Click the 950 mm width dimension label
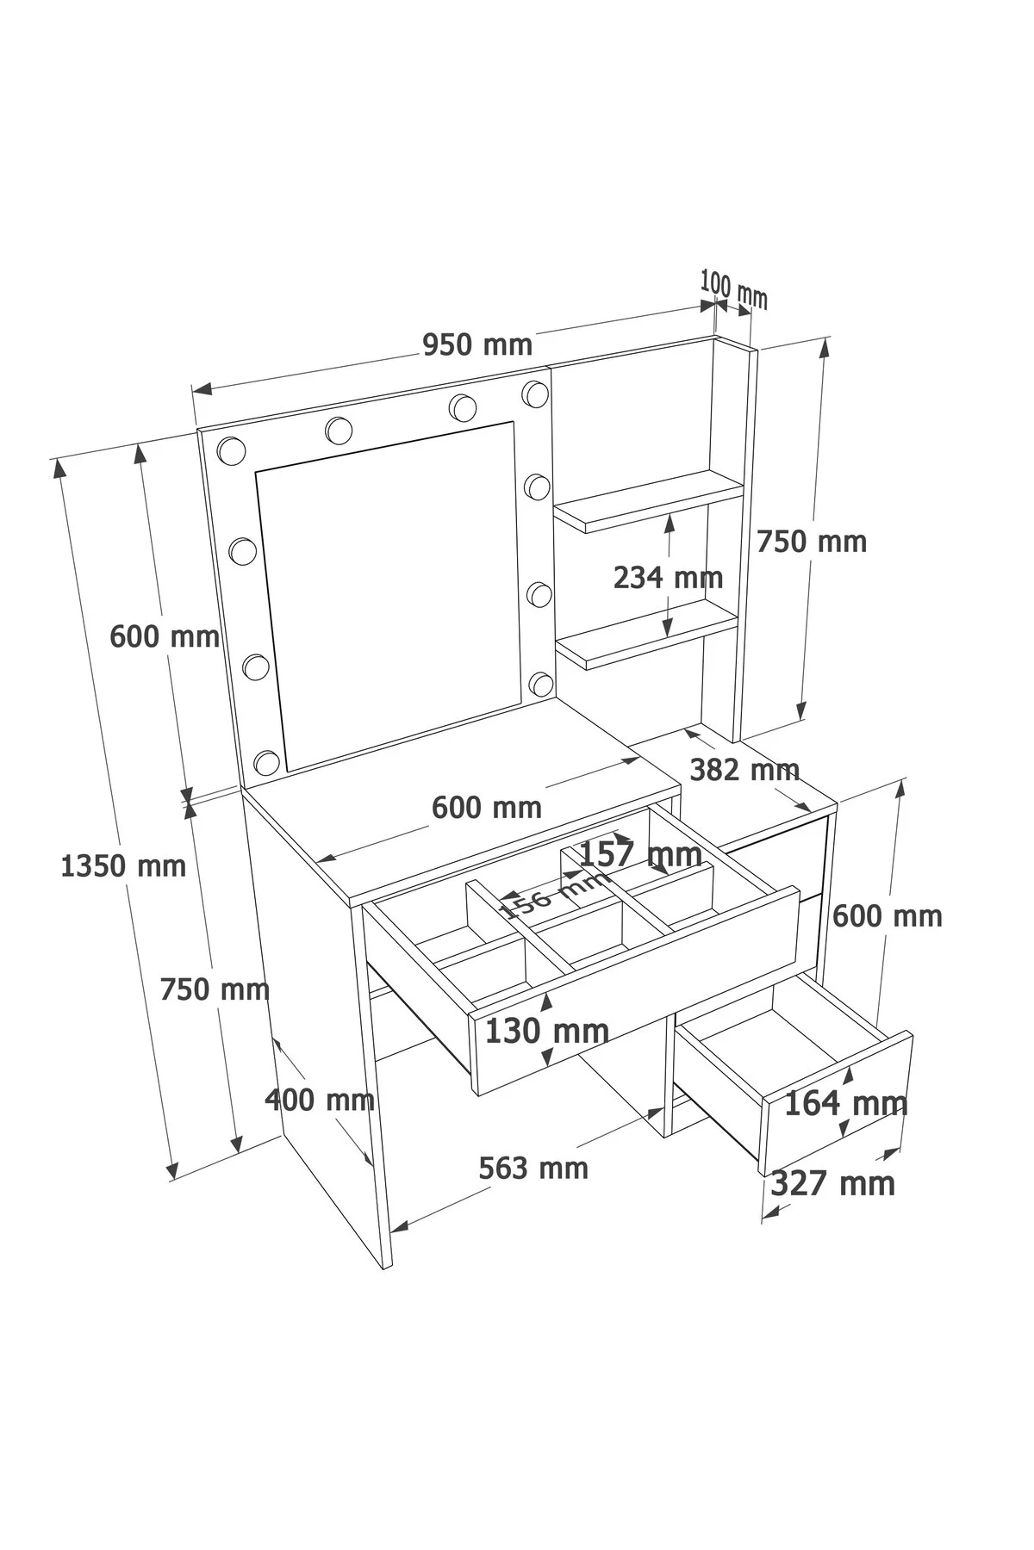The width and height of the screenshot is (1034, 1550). (477, 344)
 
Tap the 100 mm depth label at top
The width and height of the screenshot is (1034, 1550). (733, 288)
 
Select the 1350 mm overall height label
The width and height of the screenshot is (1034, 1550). (123, 865)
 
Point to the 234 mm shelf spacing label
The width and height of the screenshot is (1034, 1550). (668, 577)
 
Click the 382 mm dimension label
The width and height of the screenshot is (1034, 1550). (745, 769)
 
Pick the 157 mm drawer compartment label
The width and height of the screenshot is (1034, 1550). (640, 854)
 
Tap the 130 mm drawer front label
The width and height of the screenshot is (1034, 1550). (547, 1030)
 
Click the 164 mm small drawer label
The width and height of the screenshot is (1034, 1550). (846, 1103)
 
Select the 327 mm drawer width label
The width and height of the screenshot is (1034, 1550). (832, 1183)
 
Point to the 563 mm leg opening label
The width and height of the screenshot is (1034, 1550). (533, 1168)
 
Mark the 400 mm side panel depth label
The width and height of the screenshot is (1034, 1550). (320, 1100)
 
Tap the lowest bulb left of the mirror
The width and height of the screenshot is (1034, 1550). (267, 762)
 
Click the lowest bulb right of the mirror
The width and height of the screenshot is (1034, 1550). (541, 684)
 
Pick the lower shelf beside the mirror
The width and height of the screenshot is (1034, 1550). (646, 635)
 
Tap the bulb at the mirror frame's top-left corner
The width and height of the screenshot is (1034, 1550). (231, 449)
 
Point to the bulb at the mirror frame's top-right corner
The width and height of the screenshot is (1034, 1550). (535, 394)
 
